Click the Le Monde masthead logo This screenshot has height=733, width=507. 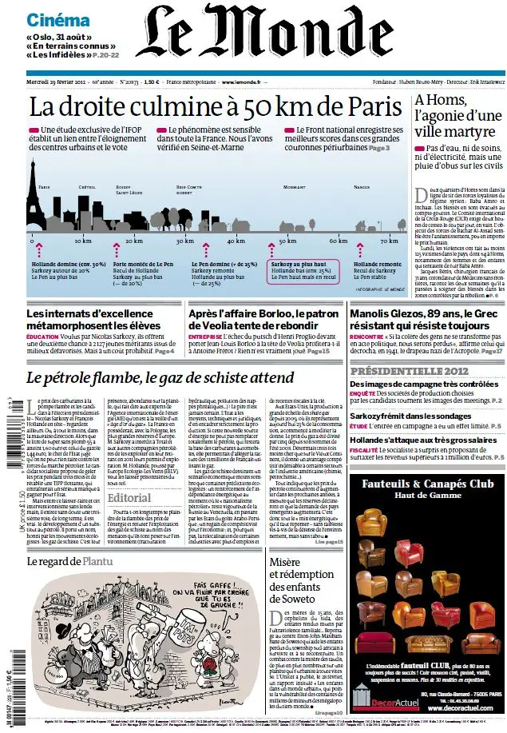pos(254,42)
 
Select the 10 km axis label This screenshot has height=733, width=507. pos(83,240)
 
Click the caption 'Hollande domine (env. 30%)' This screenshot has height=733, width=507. pos(69,263)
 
